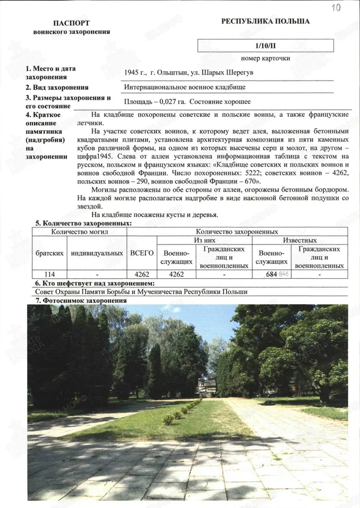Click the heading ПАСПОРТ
pos(71,23)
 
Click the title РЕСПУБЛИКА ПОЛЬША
pos(265,21)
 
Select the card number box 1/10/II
pos(265,46)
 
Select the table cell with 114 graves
pos(49,274)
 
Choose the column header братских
pos(49,253)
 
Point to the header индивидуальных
pos(96,253)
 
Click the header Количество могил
pos(78,231)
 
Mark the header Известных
pos(300,240)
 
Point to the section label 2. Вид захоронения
pos(56,87)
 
